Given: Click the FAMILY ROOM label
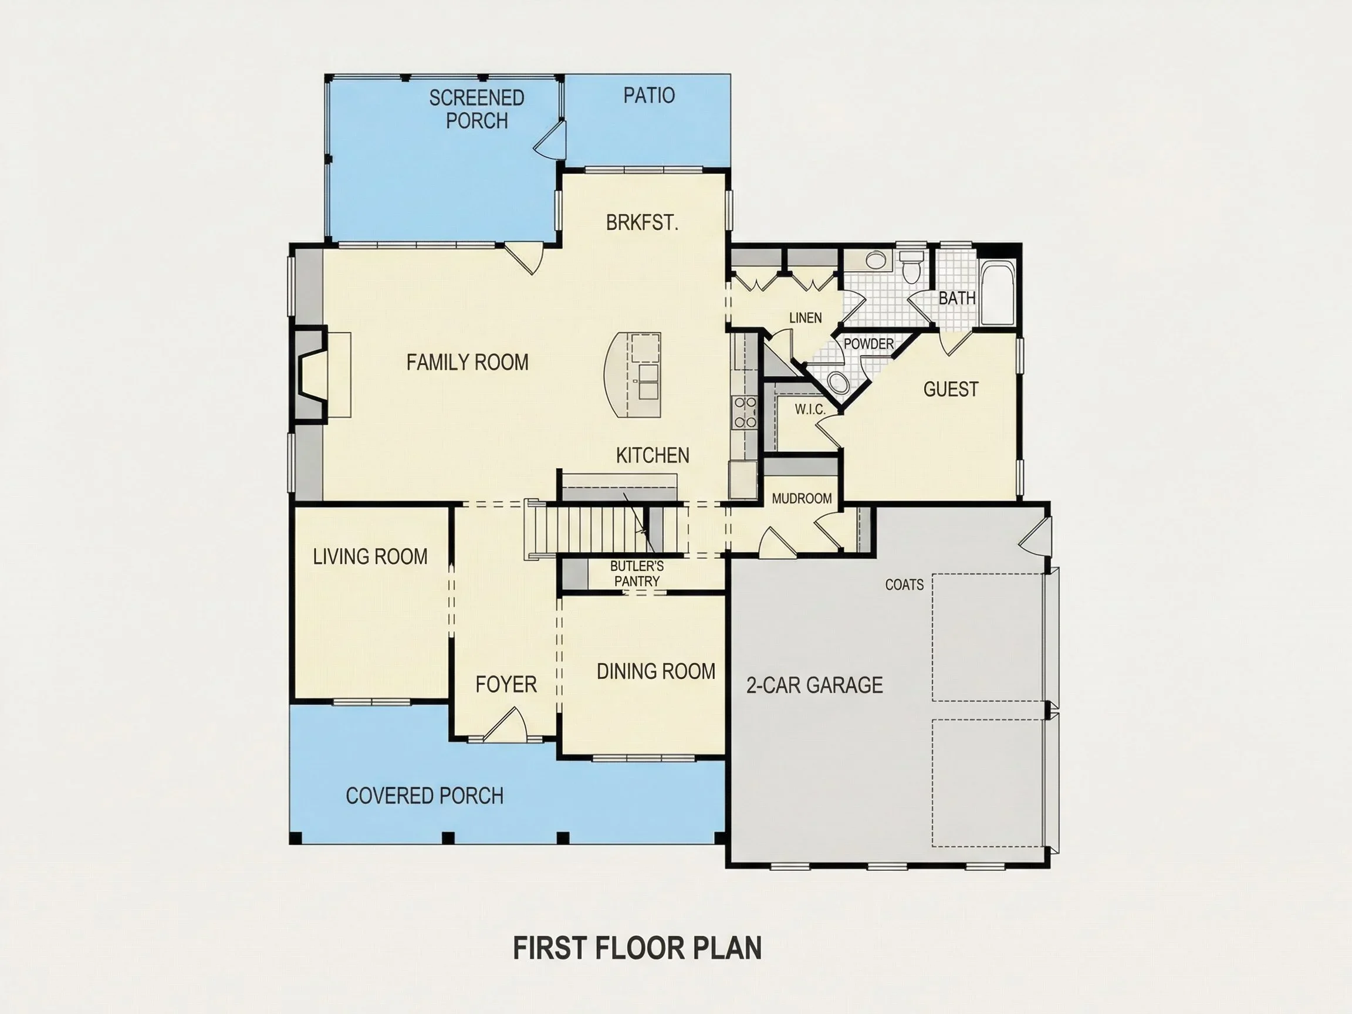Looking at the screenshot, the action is pyautogui.click(x=468, y=363).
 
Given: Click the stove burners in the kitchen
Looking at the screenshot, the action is pyautogui.click(x=745, y=412).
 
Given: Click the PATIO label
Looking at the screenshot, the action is pyautogui.click(x=649, y=95).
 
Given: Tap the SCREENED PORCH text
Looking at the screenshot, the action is pyautogui.click(x=476, y=109).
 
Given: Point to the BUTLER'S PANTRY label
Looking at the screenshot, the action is pyautogui.click(x=637, y=573).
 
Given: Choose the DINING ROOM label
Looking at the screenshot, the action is pyautogui.click(x=656, y=671).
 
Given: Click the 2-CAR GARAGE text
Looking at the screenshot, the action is pyautogui.click(x=814, y=685).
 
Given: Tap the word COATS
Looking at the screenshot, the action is pyautogui.click(x=904, y=585).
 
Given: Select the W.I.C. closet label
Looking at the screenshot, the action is pyautogui.click(x=810, y=410).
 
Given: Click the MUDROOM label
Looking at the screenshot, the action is pyautogui.click(x=802, y=499).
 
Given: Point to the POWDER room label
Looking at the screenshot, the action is pyautogui.click(x=868, y=344).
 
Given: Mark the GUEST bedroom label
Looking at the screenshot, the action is pyautogui.click(x=951, y=389).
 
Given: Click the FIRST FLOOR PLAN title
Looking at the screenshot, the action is pyautogui.click(x=637, y=948).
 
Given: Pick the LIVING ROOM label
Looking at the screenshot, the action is pyautogui.click(x=370, y=557).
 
